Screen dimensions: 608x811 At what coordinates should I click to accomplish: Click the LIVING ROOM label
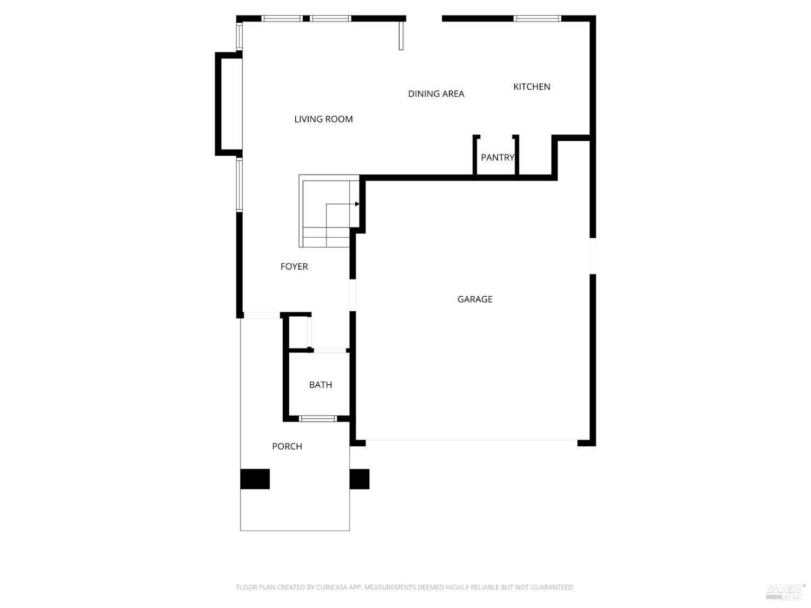pos(323,119)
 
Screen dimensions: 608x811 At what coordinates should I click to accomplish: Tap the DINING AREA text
pos(436,94)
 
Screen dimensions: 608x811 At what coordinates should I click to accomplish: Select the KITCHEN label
pos(531,87)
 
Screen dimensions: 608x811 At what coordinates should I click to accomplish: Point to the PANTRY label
pos(497,158)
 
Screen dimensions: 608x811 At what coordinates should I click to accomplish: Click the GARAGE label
pos(475,299)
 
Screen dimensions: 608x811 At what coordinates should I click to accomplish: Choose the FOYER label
pos(294,266)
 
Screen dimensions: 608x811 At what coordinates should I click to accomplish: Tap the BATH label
pos(321,385)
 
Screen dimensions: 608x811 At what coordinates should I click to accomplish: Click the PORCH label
pos(287,446)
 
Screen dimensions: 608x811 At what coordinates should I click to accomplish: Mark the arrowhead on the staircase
pos(357,204)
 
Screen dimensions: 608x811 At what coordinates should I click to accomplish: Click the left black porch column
pos(255,479)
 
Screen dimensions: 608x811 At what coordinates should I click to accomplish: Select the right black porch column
pos(360,479)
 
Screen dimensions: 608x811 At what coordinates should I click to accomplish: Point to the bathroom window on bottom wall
pos(318,418)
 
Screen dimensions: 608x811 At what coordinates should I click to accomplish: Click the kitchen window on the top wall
pos(537,18)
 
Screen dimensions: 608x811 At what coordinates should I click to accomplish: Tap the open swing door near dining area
pos(401,35)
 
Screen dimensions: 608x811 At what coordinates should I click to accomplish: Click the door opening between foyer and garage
pos(353,295)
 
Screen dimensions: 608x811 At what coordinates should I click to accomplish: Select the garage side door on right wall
pos(593,256)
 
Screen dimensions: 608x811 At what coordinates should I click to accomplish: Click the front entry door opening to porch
pos(262,315)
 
